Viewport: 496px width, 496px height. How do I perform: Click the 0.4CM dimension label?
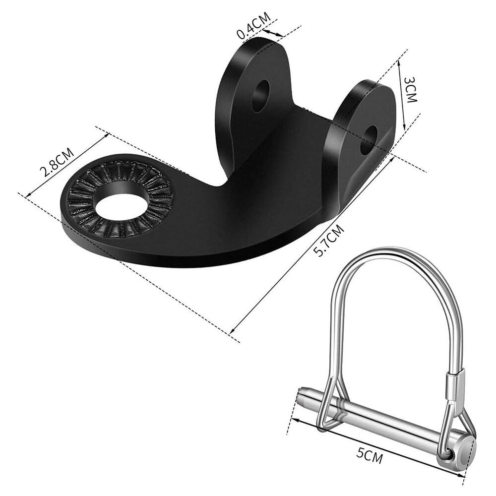click(254, 25)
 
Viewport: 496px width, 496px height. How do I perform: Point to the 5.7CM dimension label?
click(328, 240)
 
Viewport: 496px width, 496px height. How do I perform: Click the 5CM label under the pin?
click(370, 454)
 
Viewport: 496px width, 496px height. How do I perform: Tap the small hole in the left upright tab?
click(260, 96)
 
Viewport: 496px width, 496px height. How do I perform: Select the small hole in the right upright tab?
click(369, 140)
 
